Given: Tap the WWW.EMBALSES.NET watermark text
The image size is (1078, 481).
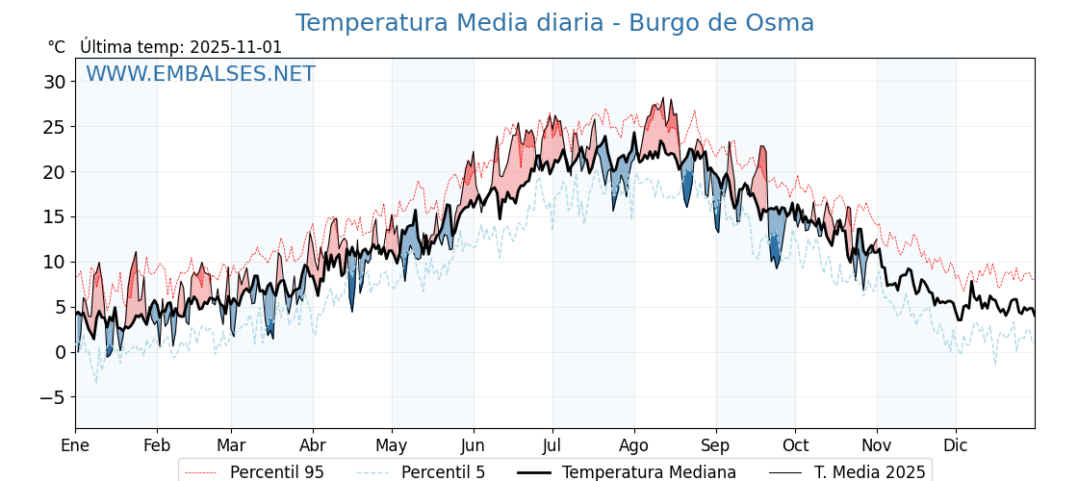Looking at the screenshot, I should pyautogui.click(x=200, y=74).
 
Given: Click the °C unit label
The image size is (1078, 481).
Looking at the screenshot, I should pyautogui.click(x=57, y=47).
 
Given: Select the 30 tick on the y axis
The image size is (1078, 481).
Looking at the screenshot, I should pyautogui.click(x=55, y=82).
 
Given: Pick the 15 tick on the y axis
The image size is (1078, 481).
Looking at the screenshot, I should pyautogui.click(x=55, y=216).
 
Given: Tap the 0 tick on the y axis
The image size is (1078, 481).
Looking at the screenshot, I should pyautogui.click(x=61, y=352).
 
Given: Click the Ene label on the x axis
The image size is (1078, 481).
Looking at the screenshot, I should pyautogui.click(x=75, y=445).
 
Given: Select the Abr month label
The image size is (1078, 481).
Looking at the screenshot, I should pyautogui.click(x=313, y=445).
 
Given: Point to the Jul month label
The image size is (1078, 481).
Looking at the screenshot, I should pyautogui.click(x=552, y=445).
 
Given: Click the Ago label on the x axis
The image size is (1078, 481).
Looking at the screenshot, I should pyautogui.click(x=634, y=445).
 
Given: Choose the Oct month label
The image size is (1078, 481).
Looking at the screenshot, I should pyautogui.click(x=795, y=445).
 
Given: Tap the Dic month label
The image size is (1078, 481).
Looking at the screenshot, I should pyautogui.click(x=956, y=445).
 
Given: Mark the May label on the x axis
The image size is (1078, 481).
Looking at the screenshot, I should pyautogui.click(x=392, y=445).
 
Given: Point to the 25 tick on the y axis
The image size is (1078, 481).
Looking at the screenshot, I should pyautogui.click(x=55, y=127).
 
